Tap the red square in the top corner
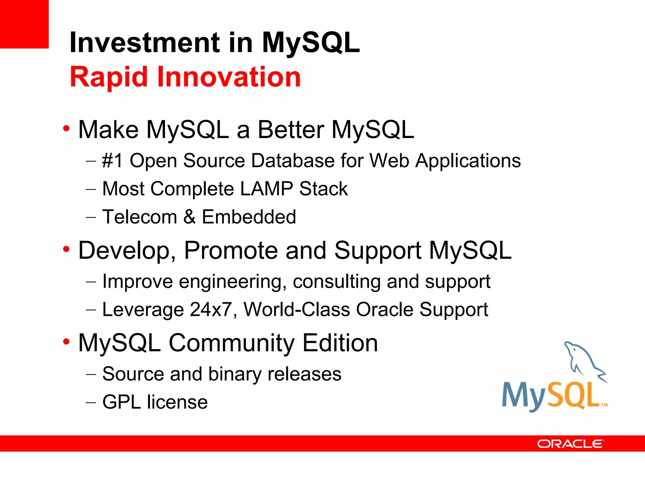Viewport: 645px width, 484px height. pos(24,24)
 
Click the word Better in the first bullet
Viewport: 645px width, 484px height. pos(291,130)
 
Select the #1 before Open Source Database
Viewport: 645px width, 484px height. pos(112,161)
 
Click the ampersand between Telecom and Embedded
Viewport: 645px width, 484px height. pos(190,217)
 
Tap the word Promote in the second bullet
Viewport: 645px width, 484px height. pos(231,251)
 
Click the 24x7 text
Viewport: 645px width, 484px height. pos(211,309)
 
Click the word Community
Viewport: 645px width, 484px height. pos(232,343)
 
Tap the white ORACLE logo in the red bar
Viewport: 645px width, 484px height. pos(570,444)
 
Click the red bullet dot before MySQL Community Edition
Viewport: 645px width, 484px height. pos(66,342)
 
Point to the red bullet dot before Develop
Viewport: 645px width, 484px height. pos(66,249)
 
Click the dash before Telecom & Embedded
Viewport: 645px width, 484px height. pos(91,217)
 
